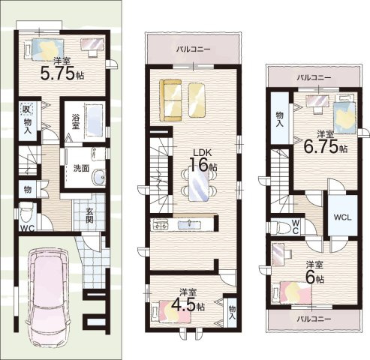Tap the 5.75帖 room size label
click(x=62, y=73)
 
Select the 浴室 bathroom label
click(x=76, y=121)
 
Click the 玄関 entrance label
click(x=89, y=215)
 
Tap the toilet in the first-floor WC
click(x=26, y=212)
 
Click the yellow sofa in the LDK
click(x=170, y=100)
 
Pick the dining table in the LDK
click(x=199, y=184)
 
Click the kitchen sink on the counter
click(x=189, y=224)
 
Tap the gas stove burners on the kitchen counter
click(x=160, y=224)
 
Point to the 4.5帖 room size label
click(x=188, y=304)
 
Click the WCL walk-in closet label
click(x=343, y=217)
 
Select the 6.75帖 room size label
click(x=325, y=146)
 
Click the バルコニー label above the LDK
click(x=193, y=49)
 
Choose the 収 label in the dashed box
click(x=27, y=109)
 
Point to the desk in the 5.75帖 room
click(x=92, y=45)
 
